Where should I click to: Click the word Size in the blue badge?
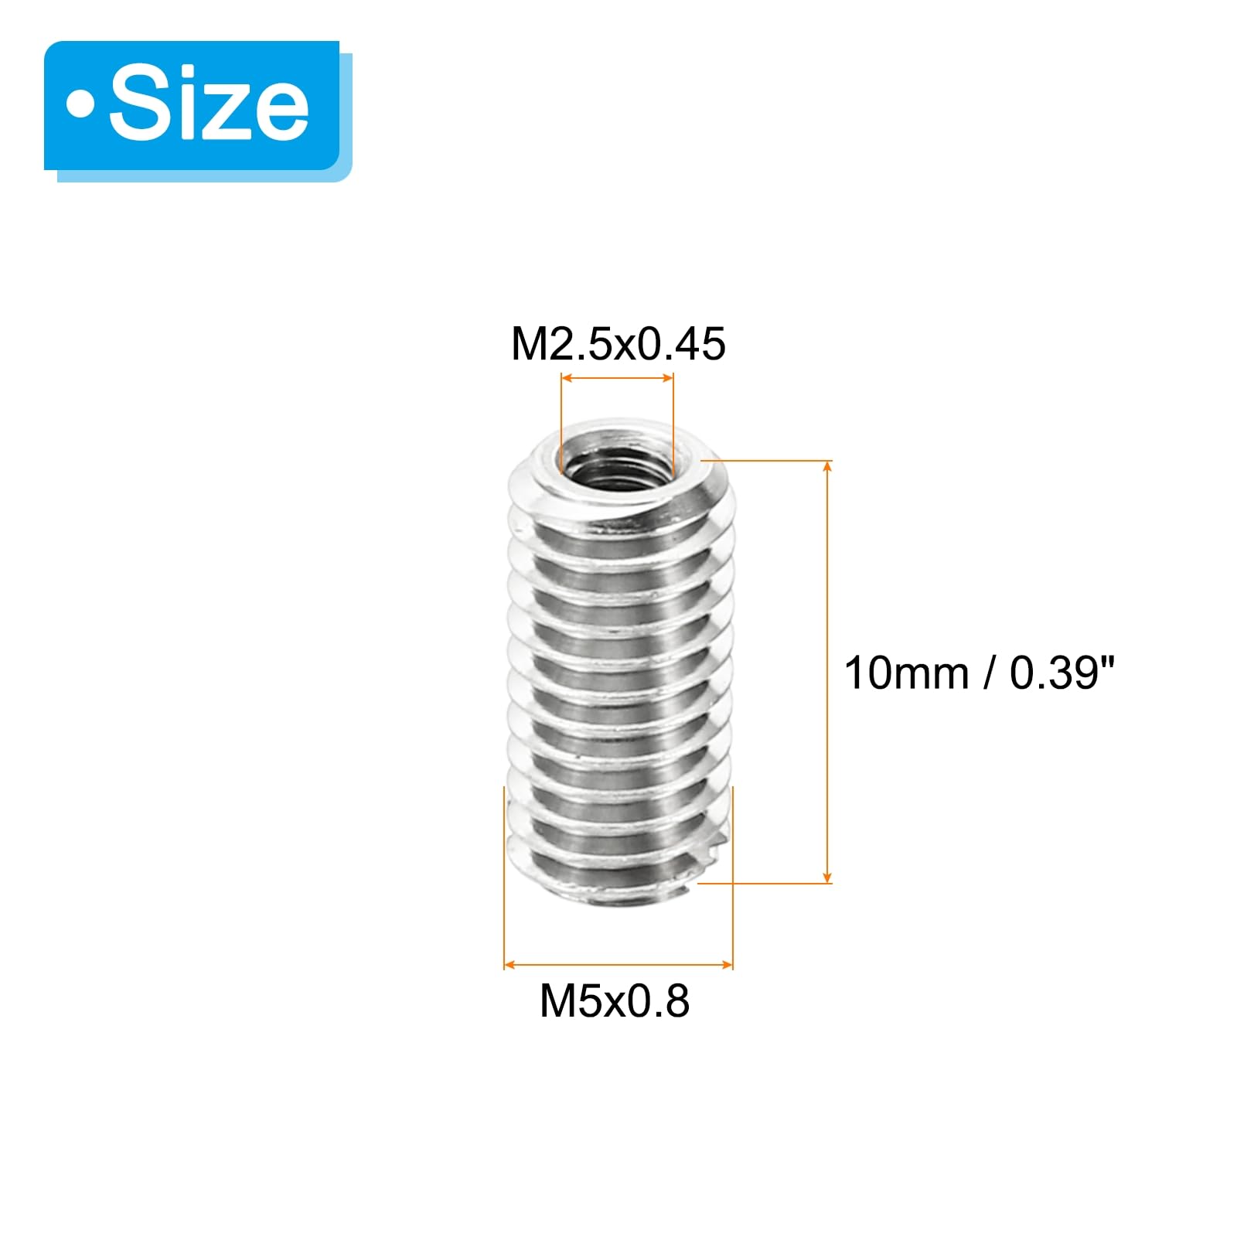[x=209, y=106]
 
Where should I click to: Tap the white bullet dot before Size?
[x=80, y=106]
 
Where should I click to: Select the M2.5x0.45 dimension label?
[x=618, y=344]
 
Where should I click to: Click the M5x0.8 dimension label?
[x=615, y=1001]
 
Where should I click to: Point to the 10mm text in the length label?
[x=906, y=673]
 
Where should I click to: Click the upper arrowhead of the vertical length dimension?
[x=828, y=465]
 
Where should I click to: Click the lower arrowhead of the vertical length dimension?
[x=828, y=877]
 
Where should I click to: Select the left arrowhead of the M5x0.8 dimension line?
[x=509, y=965]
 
